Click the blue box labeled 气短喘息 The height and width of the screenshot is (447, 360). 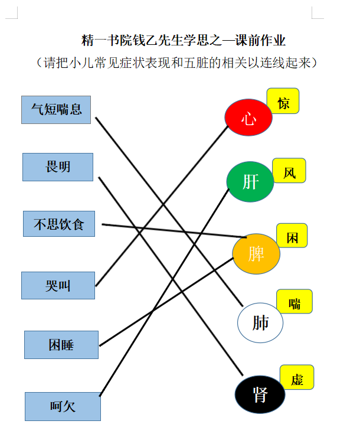point(56,110)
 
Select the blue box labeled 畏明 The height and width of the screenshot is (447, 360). point(58,167)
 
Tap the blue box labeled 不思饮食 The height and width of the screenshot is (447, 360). point(59,224)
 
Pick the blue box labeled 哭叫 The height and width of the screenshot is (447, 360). point(58,285)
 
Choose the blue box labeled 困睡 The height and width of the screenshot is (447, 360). point(61,345)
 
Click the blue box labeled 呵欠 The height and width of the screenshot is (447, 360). point(63,406)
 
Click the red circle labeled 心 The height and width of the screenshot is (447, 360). point(248,118)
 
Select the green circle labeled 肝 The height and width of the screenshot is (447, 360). point(250,182)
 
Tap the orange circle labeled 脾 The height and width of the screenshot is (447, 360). point(256,254)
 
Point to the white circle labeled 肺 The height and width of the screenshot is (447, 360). point(260,323)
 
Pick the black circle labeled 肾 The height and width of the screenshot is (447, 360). point(260,394)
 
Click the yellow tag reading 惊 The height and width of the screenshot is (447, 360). point(283,101)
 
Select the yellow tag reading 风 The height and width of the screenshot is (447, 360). point(289,171)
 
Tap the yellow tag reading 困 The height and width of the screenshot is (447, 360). point(292,236)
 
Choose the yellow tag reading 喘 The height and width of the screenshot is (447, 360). point(294,301)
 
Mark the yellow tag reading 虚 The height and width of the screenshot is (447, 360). point(297,377)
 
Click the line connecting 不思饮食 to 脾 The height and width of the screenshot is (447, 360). point(174,231)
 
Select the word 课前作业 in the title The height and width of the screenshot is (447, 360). point(260,40)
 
